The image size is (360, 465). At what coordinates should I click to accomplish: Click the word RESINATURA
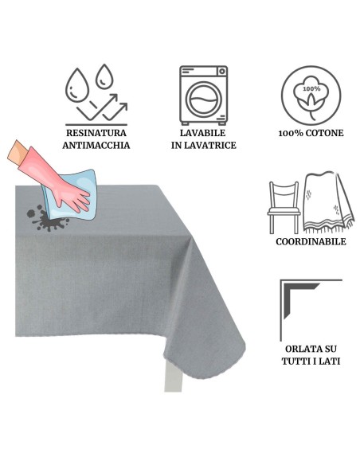point(96,133)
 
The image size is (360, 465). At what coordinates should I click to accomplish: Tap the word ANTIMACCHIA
point(96,145)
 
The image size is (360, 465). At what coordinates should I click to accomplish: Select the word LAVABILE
point(203,133)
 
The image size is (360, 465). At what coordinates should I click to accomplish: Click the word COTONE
point(324,133)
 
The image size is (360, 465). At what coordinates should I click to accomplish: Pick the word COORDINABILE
point(311,241)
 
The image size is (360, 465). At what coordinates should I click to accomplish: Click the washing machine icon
point(203,95)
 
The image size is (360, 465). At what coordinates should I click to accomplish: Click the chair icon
point(284,208)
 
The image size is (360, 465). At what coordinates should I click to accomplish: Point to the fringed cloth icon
point(327,202)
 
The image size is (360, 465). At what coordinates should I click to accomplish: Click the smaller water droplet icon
point(104,76)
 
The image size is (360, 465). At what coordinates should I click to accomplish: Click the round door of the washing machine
point(203,100)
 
